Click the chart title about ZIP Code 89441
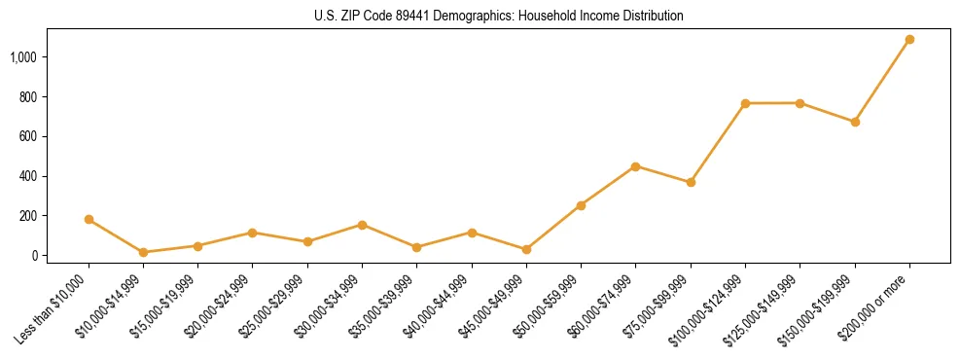[x=499, y=17]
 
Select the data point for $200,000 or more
[x=909, y=40]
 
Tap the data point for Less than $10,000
[x=89, y=220]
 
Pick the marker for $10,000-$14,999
[x=143, y=252]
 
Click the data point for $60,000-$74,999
[x=635, y=166]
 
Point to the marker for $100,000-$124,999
[x=745, y=103]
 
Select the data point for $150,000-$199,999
[x=855, y=122]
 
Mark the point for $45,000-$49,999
[x=526, y=249]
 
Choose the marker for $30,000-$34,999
[x=362, y=225]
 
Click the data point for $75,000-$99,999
[x=691, y=182]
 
